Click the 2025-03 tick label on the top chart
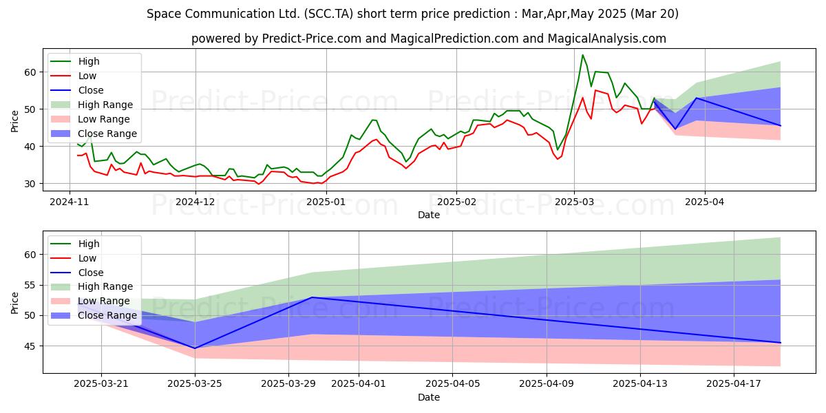574,202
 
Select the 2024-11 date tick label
70,202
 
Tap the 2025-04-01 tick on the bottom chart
359,384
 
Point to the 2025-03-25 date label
195,384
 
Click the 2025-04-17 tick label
734,384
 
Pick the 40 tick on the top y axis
30,147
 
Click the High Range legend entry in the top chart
92,105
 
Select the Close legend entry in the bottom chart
77,273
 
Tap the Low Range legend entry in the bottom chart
90,301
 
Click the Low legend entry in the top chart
74,76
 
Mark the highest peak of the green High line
582,55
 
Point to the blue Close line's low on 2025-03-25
195,348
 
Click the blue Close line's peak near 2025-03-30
313,297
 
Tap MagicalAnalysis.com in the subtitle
606,39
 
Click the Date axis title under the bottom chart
428,397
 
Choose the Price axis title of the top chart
14,121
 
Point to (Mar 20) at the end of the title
654,14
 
